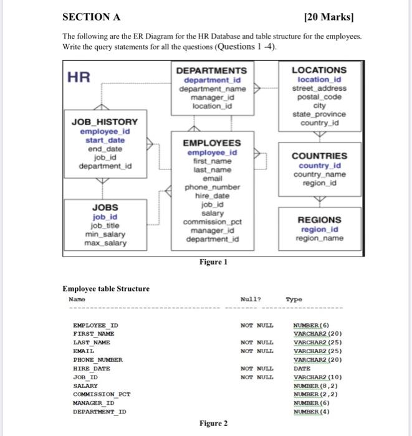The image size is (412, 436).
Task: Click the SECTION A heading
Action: coord(92,17)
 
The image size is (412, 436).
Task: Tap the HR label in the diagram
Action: coord(79,77)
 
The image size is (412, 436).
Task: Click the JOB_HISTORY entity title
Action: coord(105,122)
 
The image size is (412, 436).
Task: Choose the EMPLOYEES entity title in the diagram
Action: coord(212,143)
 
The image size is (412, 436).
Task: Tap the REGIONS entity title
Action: coord(319,219)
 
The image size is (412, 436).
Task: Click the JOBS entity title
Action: coord(105,207)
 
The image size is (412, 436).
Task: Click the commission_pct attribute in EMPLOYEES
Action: coord(212,222)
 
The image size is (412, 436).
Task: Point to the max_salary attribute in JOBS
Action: coord(105,242)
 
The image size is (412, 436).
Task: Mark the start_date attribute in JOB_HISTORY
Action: coord(105,140)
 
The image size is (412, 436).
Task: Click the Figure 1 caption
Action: coord(212,262)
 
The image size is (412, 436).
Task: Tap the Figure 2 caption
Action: coord(212,424)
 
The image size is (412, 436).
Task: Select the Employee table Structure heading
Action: coord(106,288)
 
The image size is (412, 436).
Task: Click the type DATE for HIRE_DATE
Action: coord(303,369)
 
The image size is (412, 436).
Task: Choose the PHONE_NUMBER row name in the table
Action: coord(98,359)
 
